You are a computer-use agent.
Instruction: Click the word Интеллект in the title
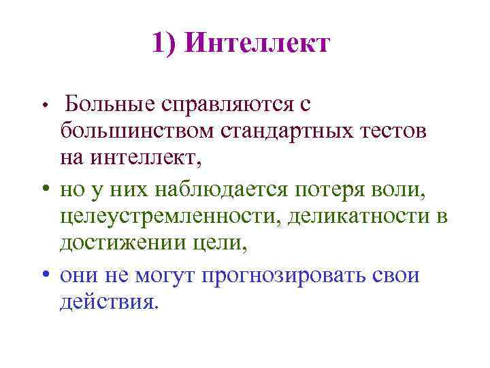[257, 44]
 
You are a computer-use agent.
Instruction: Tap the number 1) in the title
[165, 44]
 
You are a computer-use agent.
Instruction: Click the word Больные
[109, 104]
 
